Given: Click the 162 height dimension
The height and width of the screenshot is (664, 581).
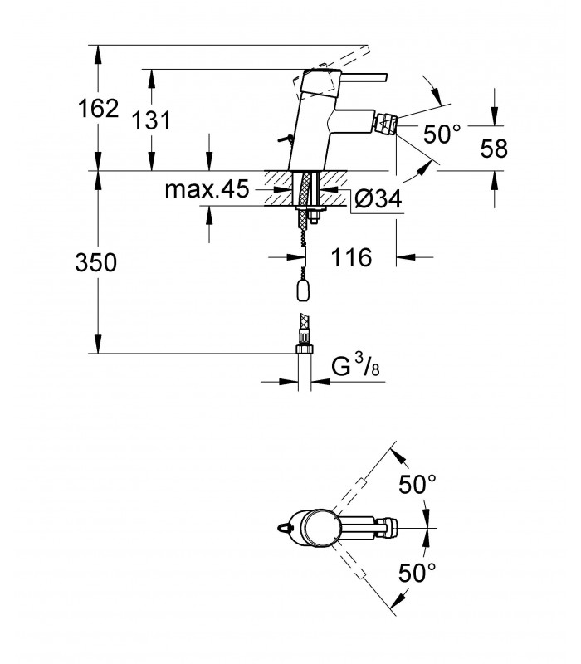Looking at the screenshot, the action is pos(98,109).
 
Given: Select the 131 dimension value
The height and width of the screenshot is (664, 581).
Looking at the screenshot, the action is pos(151,120).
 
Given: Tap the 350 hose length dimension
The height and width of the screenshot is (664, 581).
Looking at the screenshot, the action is pos(96,262).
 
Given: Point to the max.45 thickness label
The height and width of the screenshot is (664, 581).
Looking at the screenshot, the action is pos(207,189).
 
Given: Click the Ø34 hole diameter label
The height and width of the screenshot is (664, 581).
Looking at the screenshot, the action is pos(378,198).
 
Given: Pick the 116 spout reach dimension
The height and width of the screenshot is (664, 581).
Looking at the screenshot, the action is pos(351,257).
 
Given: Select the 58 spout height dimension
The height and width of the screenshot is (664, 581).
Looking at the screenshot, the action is pos(494,149).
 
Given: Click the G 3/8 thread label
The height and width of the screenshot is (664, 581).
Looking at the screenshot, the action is pos(355,366).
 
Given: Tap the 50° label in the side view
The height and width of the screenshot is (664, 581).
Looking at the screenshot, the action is pos(442,134).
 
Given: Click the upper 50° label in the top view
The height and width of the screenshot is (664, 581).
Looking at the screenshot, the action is pos(417,484).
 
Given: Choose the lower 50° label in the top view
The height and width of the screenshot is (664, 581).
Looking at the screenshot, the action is pos(417,573).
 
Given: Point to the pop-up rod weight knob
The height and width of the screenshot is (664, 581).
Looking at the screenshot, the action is pos(303,290).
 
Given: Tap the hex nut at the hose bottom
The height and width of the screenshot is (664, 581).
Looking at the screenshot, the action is pos(304,349).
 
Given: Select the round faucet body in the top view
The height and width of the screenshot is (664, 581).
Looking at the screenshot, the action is pos(321,528).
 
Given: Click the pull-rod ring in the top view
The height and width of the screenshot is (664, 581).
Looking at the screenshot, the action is pos(283,528).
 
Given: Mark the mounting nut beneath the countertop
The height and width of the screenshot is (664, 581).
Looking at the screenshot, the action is pos(315,217).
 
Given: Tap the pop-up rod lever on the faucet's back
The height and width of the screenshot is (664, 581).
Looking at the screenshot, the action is pos(286,138).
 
